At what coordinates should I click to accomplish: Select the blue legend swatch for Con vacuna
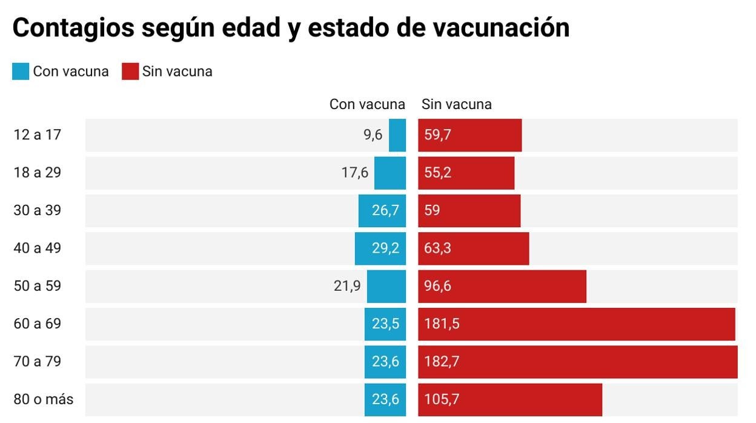[x=20, y=72]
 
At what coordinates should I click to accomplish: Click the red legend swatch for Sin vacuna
[x=131, y=72]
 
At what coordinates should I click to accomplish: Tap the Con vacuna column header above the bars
[x=367, y=104]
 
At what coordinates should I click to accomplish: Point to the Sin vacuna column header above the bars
[x=457, y=104]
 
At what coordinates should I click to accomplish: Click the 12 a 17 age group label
[x=38, y=135]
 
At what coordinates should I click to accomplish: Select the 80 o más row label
[x=44, y=399]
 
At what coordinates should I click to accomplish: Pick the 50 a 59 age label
[x=38, y=286]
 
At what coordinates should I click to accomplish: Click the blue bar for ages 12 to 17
[x=397, y=135]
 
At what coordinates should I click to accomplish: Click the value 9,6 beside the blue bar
[x=373, y=135]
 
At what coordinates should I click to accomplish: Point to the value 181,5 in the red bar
[x=442, y=324]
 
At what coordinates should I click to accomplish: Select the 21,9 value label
[x=347, y=286]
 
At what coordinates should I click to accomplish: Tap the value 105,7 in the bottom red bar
[x=442, y=399]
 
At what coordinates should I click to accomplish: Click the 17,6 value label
[x=355, y=173]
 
